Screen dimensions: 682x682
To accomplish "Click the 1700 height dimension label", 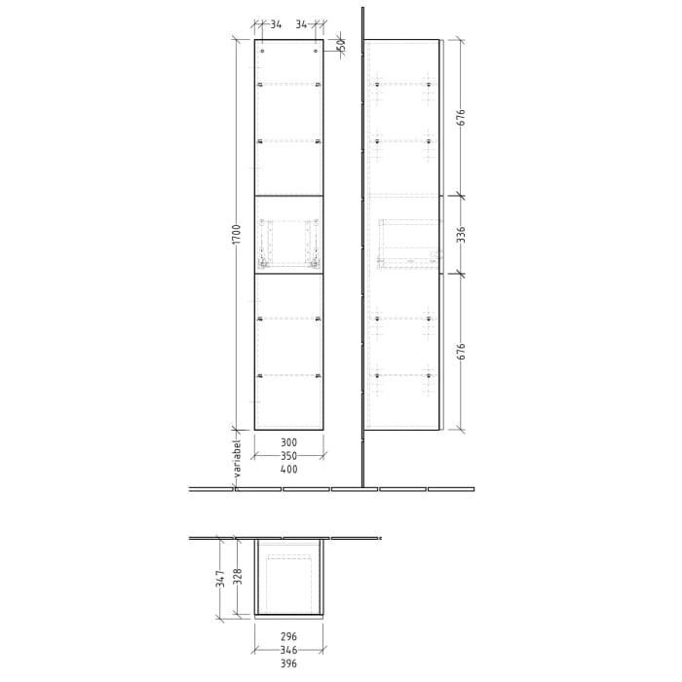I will point(237,234).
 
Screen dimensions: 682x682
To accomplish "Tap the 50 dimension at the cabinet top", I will point(341,45).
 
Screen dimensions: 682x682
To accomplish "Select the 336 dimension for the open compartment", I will point(462,235).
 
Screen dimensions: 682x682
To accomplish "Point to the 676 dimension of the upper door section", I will point(462,117).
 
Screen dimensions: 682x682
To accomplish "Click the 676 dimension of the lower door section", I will point(462,352).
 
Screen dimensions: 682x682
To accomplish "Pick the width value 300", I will point(288,442).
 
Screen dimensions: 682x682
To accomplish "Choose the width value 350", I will point(288,456).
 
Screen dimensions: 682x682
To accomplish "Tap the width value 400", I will point(288,470).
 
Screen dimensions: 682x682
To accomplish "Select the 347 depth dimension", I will point(221,579).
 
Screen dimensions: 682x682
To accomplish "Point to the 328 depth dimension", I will point(236,578).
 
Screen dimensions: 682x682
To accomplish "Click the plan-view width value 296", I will point(288,637).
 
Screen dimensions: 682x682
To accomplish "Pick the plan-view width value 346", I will point(288,650).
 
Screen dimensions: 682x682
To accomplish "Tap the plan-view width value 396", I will point(288,663).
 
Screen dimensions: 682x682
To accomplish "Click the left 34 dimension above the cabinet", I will point(276,24).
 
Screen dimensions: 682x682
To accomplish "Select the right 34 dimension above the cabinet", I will point(302,24).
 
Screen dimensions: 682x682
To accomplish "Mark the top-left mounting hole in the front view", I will point(262,51).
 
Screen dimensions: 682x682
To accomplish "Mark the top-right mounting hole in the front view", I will point(316,51).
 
